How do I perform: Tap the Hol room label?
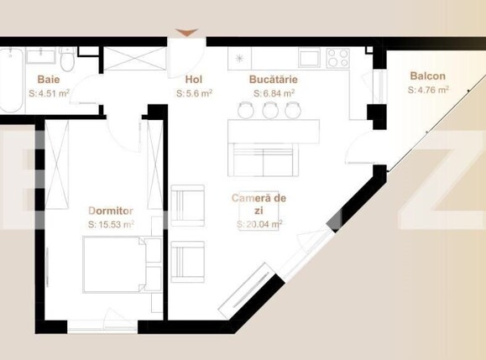[193, 80]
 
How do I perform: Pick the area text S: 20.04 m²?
[259, 224]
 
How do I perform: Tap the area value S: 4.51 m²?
[48, 94]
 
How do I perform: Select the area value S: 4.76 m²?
[428, 88]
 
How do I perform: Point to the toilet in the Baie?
[68, 61]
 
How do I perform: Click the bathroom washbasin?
[39, 56]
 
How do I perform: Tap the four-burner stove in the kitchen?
[337, 57]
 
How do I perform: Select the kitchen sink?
[309, 57]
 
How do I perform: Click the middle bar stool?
[269, 110]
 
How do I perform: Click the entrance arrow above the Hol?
[187, 33]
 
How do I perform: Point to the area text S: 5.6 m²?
[194, 94]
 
